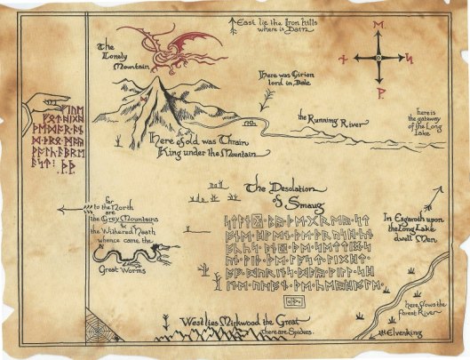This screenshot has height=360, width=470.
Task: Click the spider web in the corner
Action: (x=99, y=329)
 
